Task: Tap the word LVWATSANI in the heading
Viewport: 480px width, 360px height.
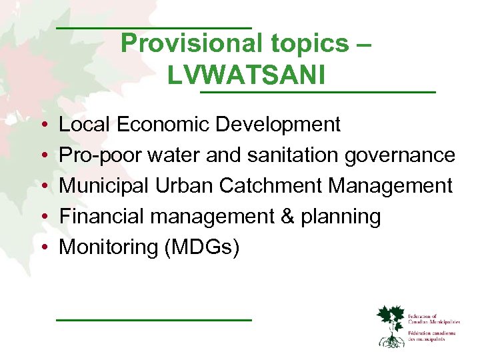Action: point(247,75)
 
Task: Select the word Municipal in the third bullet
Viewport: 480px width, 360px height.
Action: point(103,186)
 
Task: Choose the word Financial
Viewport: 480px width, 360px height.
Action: point(99,217)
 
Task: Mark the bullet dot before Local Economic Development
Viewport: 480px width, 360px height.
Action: point(43,125)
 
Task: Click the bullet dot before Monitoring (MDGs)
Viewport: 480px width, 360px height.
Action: point(43,248)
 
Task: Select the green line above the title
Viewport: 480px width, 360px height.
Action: point(153,27)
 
